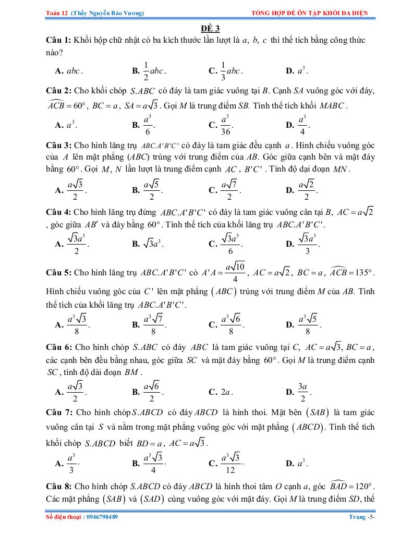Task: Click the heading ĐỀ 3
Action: tap(207, 29)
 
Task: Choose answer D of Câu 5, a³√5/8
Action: tap(308, 324)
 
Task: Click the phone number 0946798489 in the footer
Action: tap(101, 517)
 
